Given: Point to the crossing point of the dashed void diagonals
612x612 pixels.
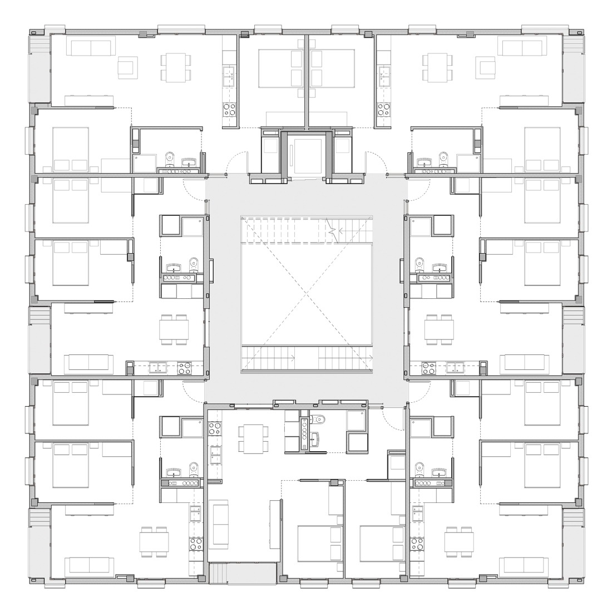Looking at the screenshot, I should pyautogui.click(x=307, y=293).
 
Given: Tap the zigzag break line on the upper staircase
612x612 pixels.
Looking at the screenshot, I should pyautogui.click(x=332, y=228).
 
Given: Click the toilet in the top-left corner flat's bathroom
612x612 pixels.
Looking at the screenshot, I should pyautogui.click(x=170, y=160).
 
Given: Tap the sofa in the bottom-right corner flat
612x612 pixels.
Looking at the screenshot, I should pyautogui.click(x=523, y=566).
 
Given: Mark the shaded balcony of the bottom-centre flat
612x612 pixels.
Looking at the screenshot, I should pyautogui.click(x=242, y=572).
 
